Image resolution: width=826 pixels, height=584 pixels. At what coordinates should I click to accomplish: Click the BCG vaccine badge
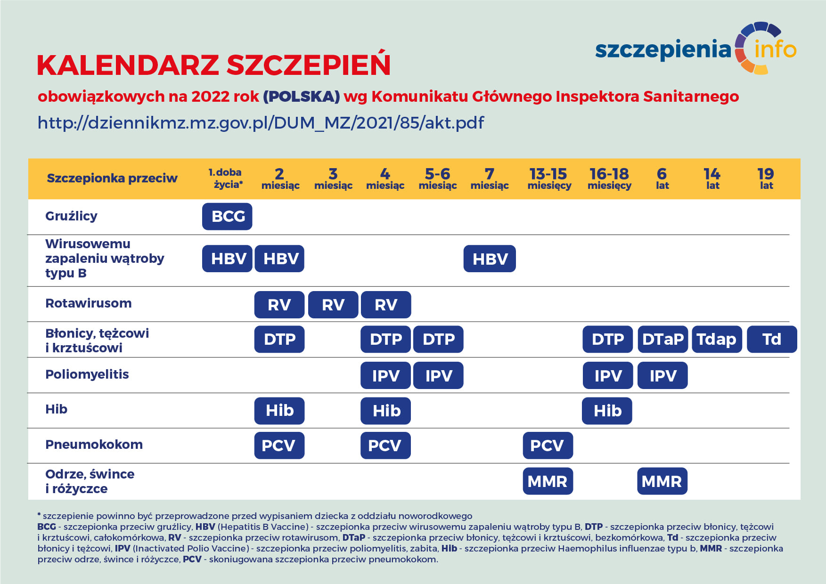[227, 217]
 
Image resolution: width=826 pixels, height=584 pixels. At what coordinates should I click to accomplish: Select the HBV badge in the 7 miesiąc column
[490, 259]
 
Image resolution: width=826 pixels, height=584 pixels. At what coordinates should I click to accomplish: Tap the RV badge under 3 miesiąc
[333, 305]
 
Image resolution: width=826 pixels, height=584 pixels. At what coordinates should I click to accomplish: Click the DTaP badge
[662, 340]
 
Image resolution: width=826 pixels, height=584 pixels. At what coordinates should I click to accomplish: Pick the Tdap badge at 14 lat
[717, 340]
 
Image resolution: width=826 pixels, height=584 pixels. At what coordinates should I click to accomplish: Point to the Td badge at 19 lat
[772, 340]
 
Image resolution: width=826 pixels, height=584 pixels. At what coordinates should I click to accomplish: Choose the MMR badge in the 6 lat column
[662, 481]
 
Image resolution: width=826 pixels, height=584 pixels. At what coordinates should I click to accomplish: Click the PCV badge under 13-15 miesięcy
[548, 446]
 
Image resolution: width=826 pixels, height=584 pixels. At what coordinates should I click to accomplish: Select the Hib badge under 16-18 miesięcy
[607, 411]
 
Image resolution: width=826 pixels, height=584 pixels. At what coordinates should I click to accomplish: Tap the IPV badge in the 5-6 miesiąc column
[438, 376]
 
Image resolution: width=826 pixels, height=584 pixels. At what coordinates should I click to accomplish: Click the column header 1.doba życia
[226, 178]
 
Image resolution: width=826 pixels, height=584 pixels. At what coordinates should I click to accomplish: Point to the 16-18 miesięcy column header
[609, 179]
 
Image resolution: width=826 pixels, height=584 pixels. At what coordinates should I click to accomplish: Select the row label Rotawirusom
[89, 303]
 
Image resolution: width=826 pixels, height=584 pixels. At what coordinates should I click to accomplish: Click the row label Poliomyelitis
[87, 374]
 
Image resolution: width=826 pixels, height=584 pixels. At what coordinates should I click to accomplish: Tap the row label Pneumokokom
[94, 445]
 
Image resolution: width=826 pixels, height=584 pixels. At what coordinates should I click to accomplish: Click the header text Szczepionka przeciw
[112, 178]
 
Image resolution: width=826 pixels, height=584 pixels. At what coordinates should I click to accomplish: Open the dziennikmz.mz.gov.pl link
[261, 123]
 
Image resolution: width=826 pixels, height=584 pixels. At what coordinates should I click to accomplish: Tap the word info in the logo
[775, 49]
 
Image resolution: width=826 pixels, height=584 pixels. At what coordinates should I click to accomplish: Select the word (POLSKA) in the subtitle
[301, 97]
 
